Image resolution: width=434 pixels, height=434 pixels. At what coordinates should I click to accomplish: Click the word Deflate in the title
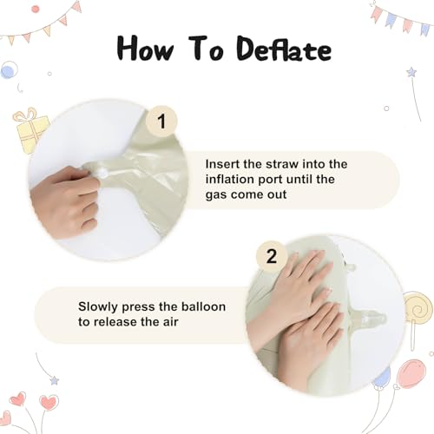[x=284, y=49]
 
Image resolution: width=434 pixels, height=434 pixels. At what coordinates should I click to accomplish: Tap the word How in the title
[x=146, y=48]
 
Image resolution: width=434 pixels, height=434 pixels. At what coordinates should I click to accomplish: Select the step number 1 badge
[x=161, y=122]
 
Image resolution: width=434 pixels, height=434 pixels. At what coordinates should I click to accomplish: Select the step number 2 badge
[x=272, y=256]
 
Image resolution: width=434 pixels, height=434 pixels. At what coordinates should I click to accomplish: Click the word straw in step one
[x=282, y=164]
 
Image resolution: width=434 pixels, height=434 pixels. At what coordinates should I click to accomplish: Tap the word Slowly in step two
[x=98, y=307]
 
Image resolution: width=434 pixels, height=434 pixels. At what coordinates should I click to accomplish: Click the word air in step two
[x=170, y=322]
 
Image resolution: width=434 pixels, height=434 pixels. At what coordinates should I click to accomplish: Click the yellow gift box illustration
[x=30, y=130]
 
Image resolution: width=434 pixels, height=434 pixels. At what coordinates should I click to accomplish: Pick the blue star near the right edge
[x=411, y=71]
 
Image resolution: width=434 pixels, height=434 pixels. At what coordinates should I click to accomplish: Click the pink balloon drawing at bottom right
[x=412, y=374]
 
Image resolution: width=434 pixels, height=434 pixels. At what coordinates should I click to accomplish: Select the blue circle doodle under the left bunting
[x=9, y=70]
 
